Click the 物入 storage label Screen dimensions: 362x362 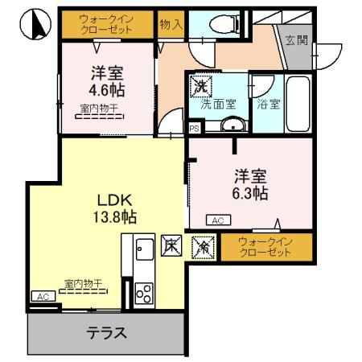point(171,26)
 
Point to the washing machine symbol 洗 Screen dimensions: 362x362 point(198,84)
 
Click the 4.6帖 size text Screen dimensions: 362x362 point(107,89)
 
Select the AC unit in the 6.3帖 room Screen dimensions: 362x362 point(216,220)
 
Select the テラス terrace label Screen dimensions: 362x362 point(106,332)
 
